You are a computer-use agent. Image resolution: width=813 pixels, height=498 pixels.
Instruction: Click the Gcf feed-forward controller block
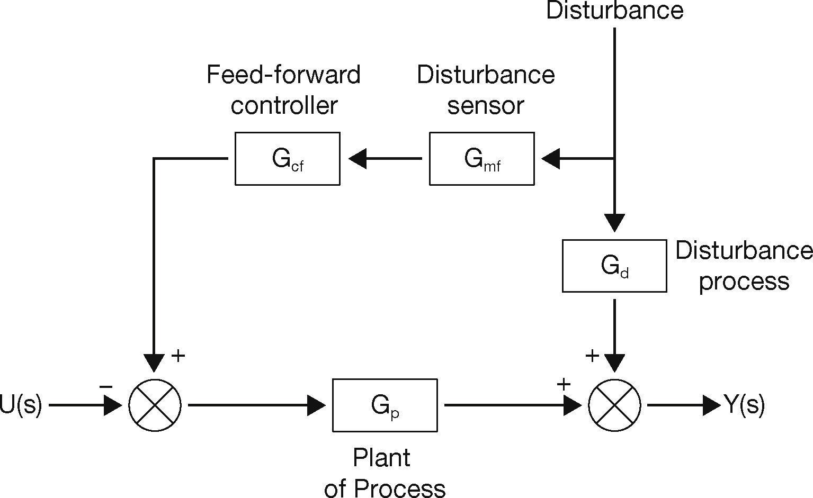287,159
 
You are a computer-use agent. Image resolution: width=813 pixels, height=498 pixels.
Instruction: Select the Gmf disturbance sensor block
481,159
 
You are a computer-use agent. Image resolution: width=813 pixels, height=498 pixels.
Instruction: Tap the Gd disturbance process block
614,266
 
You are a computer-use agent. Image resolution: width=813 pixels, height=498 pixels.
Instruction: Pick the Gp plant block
385,405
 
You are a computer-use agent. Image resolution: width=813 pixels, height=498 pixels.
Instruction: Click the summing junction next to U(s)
155,405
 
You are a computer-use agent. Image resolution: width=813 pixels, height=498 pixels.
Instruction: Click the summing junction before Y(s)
614,405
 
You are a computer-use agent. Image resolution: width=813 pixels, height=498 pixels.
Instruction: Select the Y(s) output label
744,405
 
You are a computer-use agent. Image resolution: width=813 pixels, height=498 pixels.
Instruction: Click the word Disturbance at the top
614,11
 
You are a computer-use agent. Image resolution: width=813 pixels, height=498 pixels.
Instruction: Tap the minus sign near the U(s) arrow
106,387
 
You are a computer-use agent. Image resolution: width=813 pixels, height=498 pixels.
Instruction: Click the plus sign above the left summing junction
178,356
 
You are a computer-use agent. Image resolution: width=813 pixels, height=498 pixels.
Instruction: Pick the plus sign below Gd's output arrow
592,356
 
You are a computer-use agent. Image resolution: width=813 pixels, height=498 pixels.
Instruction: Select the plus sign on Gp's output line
564,384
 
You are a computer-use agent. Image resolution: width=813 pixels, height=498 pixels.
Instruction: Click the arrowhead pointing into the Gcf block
358,158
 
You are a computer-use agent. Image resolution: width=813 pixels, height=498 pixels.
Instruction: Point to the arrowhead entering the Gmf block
551,158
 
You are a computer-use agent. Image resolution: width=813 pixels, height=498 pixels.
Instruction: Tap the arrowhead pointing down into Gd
614,222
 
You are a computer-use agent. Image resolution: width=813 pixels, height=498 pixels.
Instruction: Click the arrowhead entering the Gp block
317,405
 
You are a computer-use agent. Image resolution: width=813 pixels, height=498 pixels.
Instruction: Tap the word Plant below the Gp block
381,458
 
